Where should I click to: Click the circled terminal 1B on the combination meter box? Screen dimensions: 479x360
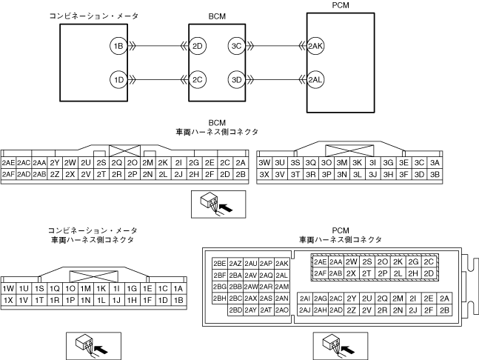118,46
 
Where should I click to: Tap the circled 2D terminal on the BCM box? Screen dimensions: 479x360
198,46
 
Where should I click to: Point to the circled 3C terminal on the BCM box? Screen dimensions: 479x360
237,46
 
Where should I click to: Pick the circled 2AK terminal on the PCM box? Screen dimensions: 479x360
315,46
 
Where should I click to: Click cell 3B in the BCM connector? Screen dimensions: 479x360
435,175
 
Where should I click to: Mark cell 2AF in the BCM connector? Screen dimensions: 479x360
9,175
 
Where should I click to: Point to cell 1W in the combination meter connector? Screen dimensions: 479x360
9,289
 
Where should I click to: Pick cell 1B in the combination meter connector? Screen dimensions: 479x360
178,300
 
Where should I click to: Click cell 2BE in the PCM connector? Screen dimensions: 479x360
219,264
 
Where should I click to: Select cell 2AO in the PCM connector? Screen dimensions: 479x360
281,310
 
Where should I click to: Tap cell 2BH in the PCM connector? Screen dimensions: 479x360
219,299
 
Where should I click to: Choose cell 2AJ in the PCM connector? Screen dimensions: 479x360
304,310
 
